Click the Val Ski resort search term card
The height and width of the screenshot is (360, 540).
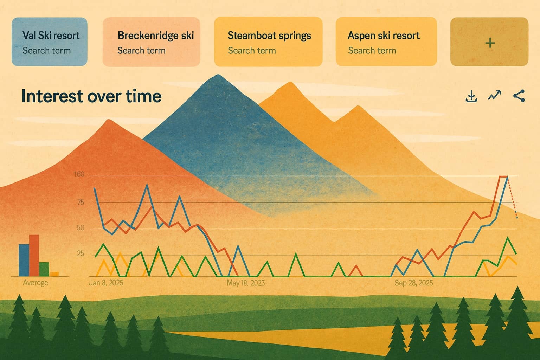(50, 42)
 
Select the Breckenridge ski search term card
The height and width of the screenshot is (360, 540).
(151, 42)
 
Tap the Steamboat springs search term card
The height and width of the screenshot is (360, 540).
(268, 42)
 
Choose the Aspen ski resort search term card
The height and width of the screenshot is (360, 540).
(386, 42)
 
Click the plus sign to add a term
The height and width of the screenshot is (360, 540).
(489, 43)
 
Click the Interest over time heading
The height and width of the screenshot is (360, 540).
(91, 96)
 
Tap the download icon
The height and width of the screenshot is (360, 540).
(471, 96)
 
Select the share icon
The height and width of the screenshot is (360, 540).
(519, 96)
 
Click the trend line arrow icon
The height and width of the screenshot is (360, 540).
(495, 96)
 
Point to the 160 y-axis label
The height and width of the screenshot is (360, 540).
(79, 174)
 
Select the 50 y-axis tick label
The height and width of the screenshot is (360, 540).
(81, 228)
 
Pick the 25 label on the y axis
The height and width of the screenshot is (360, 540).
(81, 254)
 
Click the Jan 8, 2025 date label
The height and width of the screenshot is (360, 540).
(106, 283)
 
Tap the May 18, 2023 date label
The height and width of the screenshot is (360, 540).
(245, 283)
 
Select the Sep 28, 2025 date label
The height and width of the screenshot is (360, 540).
(414, 283)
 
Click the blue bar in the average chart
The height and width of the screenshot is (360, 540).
(24, 260)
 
